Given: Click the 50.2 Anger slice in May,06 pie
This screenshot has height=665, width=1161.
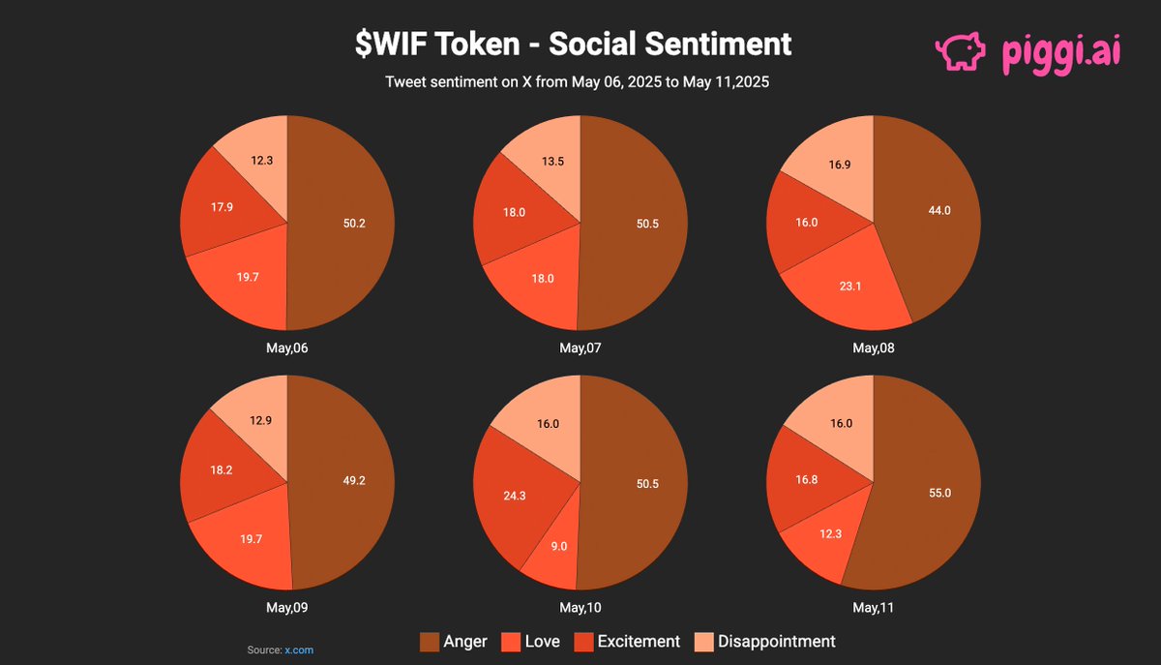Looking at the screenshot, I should (343, 223).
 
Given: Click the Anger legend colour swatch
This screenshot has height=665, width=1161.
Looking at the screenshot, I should (429, 642).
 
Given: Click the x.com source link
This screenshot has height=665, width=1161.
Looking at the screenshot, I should (299, 650).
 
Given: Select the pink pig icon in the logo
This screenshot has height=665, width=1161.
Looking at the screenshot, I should (959, 51).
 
